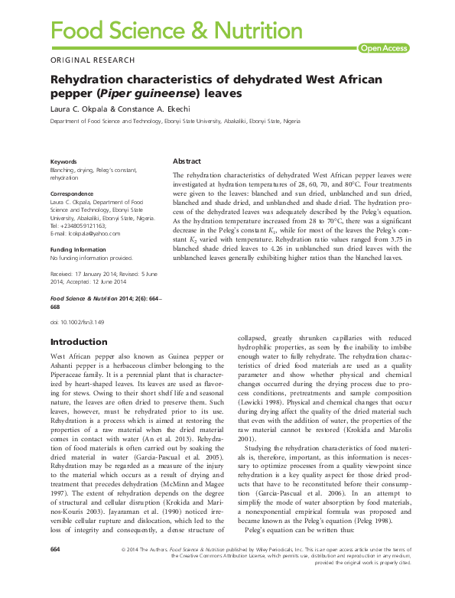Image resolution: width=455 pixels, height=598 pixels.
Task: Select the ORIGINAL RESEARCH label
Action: pos(93,60)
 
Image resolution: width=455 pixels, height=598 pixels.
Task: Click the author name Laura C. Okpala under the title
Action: pos(79,109)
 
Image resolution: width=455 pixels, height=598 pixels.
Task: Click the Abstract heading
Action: pos(187,161)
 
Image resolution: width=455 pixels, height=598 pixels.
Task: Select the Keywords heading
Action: pos(63,162)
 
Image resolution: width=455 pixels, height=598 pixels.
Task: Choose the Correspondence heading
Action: pos(72,194)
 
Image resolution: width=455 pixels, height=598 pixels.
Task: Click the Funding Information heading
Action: pos(78,249)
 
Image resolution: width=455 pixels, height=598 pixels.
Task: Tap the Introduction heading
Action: pos(79,342)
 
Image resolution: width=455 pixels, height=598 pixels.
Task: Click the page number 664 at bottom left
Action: pos(55,571)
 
